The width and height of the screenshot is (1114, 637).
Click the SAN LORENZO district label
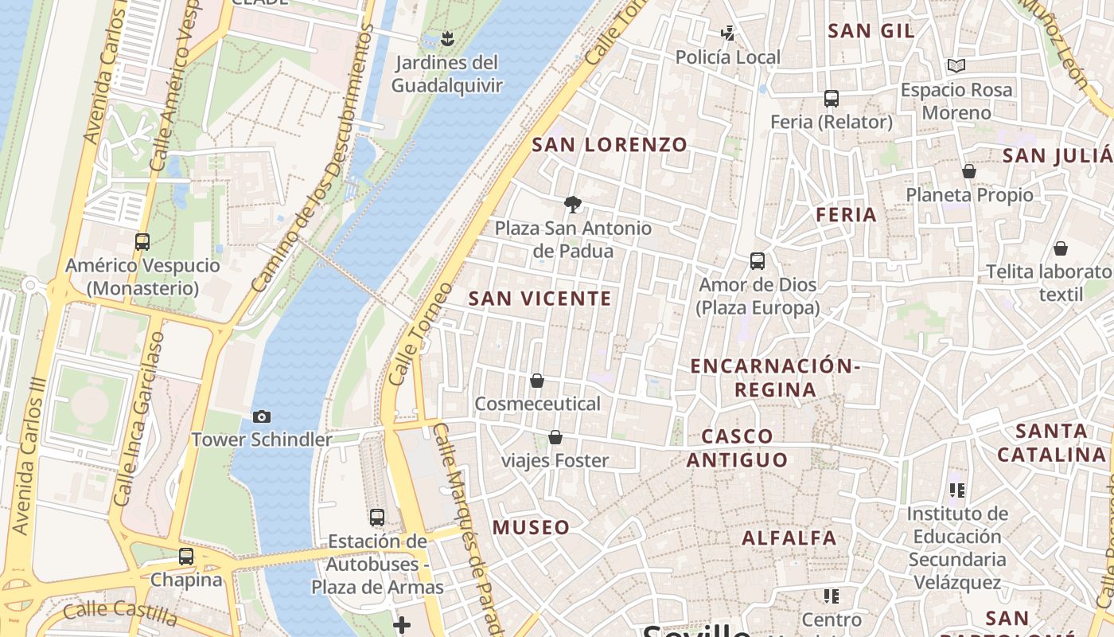(609, 145)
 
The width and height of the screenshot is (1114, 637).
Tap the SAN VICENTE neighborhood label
(540, 299)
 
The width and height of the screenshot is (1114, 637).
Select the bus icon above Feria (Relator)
(832, 99)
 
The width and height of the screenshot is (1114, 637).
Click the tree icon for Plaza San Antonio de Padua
(572, 205)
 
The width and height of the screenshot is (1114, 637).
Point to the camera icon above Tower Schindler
(261, 416)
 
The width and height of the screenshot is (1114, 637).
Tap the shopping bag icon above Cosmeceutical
(537, 381)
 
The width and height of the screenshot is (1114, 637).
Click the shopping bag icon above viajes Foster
(555, 437)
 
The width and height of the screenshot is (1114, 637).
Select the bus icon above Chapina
(186, 557)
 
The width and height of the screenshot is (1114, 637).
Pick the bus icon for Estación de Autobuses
(377, 518)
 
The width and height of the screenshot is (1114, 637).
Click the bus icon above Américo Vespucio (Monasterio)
(142, 242)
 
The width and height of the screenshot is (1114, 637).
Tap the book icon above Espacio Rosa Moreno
(956, 66)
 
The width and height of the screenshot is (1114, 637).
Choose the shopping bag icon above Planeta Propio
(969, 171)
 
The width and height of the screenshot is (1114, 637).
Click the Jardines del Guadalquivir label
(447, 74)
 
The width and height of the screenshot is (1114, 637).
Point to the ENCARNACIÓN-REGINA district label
(775, 377)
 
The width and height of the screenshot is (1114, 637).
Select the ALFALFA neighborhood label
(789, 538)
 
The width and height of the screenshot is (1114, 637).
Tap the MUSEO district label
(531, 527)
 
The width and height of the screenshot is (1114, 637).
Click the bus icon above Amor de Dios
(758, 261)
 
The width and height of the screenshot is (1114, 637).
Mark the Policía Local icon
(727, 33)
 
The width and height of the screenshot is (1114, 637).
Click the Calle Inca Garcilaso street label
(138, 418)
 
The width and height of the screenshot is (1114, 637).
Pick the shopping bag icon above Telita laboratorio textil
(1061, 248)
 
